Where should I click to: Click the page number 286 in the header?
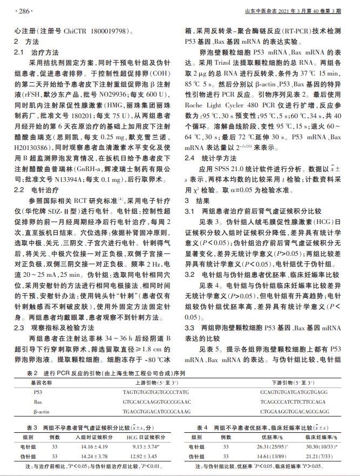[25, 10]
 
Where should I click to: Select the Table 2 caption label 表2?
[32, 372]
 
